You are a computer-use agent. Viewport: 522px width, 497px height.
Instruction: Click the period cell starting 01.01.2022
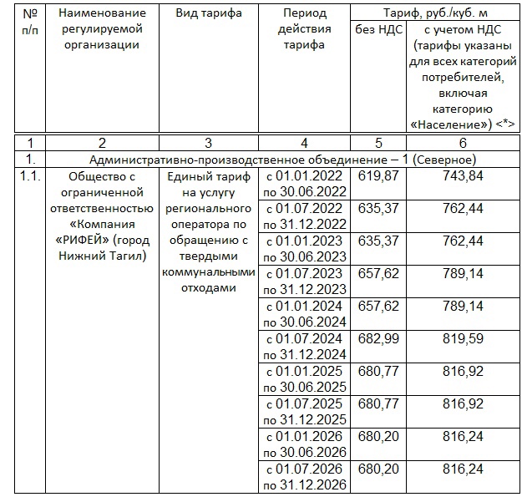tap(304, 184)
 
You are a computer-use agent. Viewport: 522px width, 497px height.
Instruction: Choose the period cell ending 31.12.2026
tap(304, 477)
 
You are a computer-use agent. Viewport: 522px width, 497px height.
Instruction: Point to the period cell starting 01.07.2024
tap(304, 347)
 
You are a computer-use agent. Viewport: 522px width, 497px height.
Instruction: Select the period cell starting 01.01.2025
tap(304, 379)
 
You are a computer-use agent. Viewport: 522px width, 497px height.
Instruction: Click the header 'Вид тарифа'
tap(209, 13)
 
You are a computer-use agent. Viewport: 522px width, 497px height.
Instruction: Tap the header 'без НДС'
tap(384, 30)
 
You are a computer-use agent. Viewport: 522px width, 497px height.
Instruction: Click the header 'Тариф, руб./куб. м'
tap(434, 13)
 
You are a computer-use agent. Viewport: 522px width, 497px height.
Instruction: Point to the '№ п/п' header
tap(29, 21)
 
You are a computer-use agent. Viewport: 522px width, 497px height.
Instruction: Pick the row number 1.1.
tap(29, 175)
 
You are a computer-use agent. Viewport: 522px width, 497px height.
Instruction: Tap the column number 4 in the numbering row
tap(304, 143)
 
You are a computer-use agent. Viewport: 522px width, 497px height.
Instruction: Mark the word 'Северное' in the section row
tap(447, 159)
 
